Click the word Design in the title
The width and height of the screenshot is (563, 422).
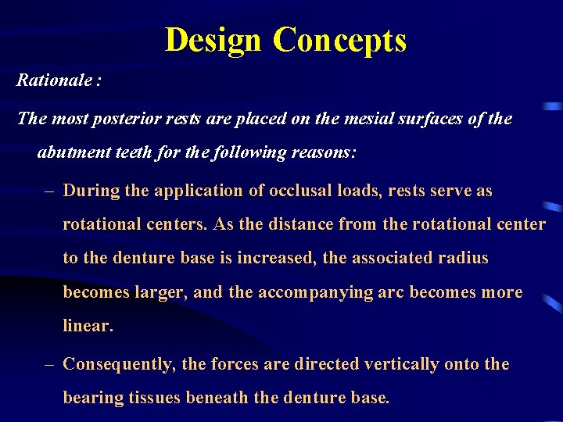(x=213, y=39)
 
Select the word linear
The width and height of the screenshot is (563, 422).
(x=87, y=326)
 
